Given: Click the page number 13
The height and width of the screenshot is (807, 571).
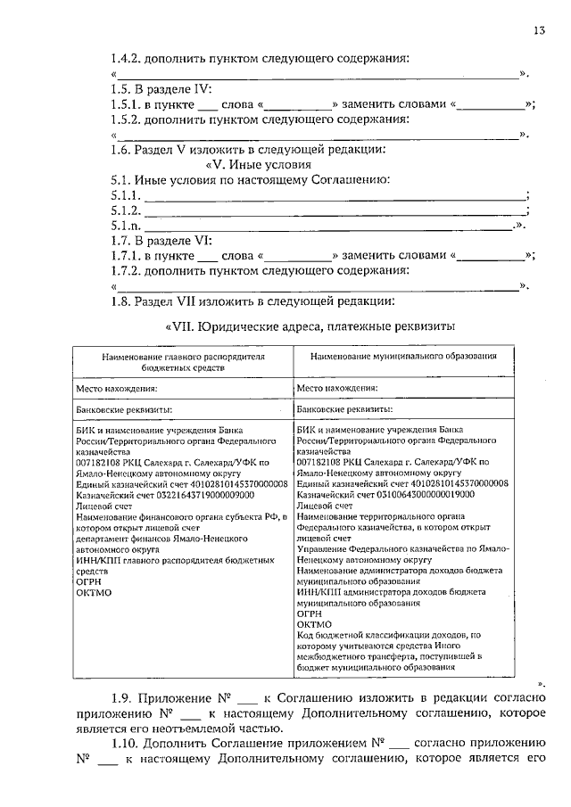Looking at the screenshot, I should point(539,30).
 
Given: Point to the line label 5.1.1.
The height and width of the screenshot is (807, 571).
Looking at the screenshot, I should point(126,195).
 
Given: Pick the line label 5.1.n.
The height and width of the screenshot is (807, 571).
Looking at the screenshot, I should point(126,226).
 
